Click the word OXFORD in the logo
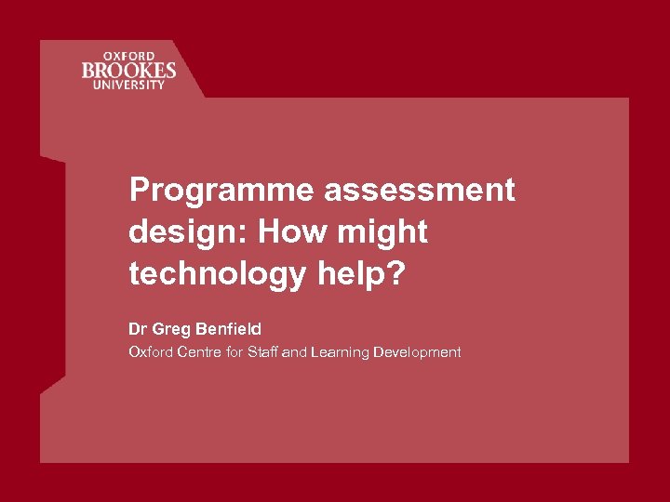(x=127, y=55)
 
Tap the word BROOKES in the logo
(x=127, y=70)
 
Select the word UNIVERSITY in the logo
(x=127, y=85)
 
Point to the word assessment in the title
(x=420, y=190)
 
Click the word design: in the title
(x=188, y=231)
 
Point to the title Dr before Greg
(x=138, y=328)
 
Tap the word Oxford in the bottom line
(x=150, y=351)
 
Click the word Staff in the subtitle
(x=261, y=351)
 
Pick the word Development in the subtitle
(x=417, y=351)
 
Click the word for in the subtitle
(x=235, y=351)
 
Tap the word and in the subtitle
(x=294, y=351)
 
